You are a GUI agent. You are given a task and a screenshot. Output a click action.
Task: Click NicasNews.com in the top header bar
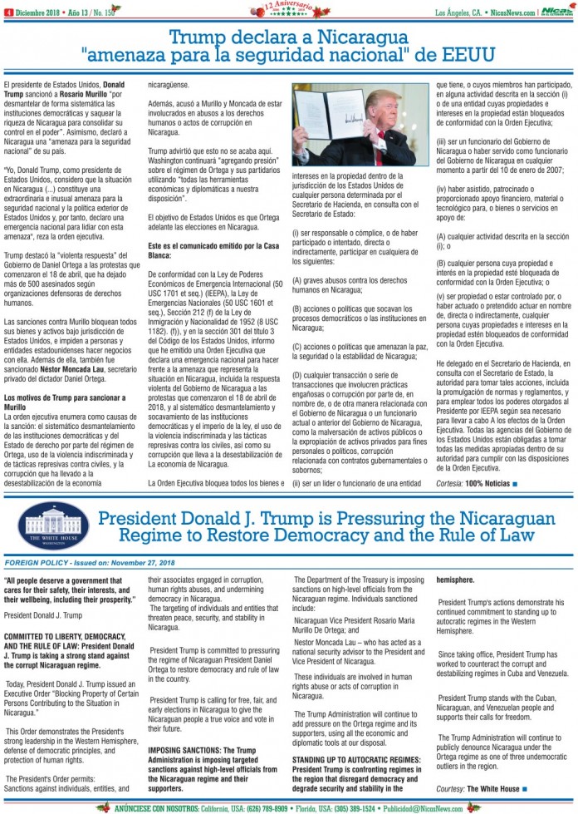513,12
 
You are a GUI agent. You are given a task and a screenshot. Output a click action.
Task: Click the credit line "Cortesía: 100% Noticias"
476,483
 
